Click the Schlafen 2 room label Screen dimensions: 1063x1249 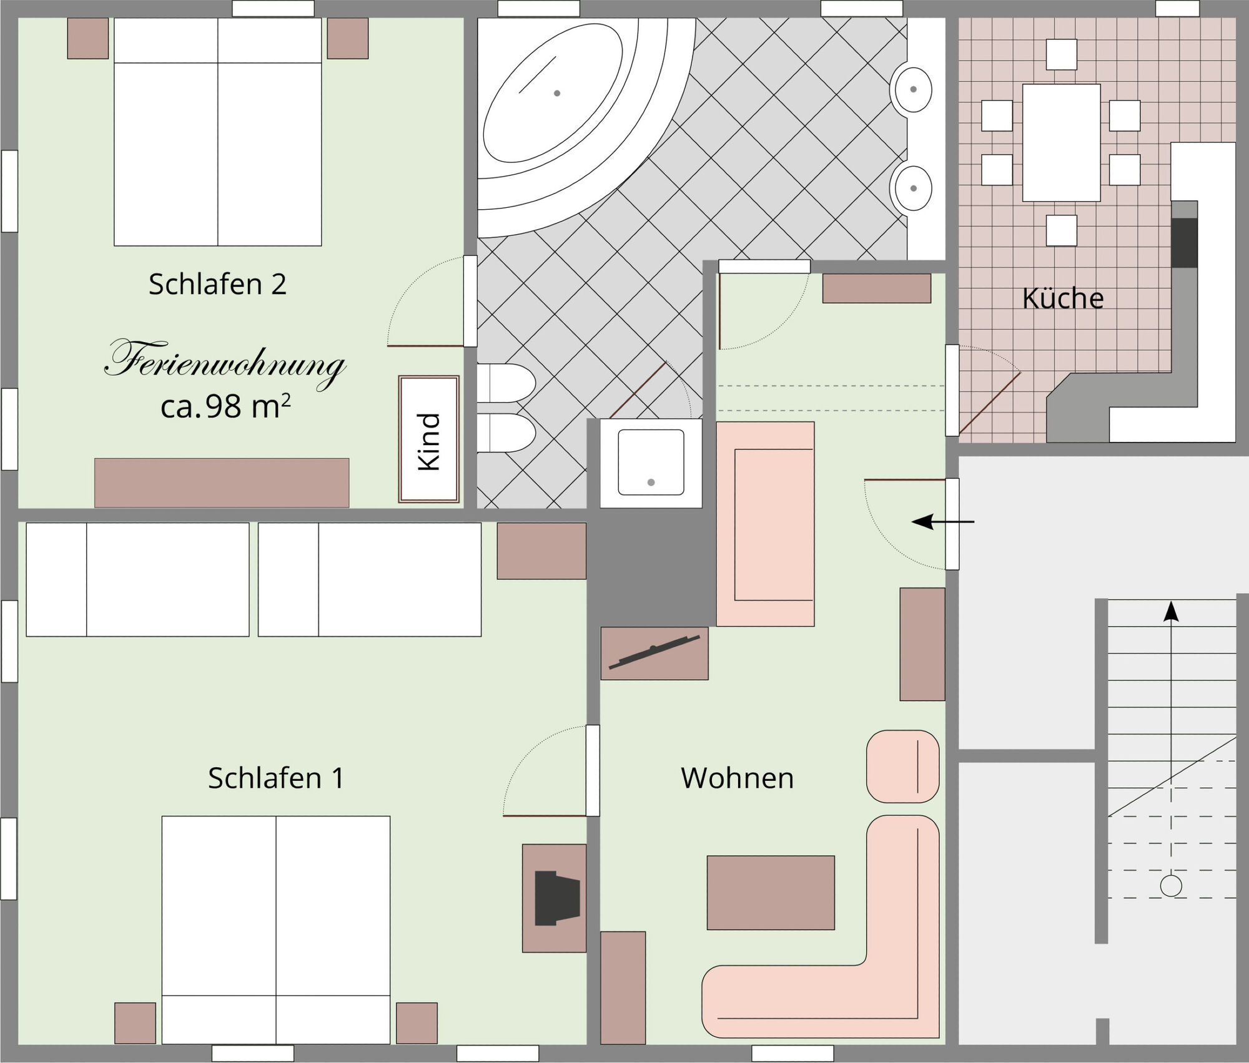217,285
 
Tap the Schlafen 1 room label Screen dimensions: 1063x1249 275,778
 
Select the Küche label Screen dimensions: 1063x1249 1063,298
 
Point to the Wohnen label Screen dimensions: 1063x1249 737,778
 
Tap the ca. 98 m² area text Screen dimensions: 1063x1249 225,407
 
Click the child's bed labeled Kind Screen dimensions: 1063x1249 429,439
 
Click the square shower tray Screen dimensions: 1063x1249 651,463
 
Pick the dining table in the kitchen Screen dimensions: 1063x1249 1061,143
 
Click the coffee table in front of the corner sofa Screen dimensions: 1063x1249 771,893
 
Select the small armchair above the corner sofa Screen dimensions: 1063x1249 902,767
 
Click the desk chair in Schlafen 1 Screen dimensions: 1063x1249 557,898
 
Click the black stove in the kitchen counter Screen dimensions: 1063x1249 1183,242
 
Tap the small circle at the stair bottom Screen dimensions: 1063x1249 1171,886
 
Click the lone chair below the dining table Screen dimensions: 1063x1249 1061,230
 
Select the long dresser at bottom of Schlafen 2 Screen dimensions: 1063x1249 222,483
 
